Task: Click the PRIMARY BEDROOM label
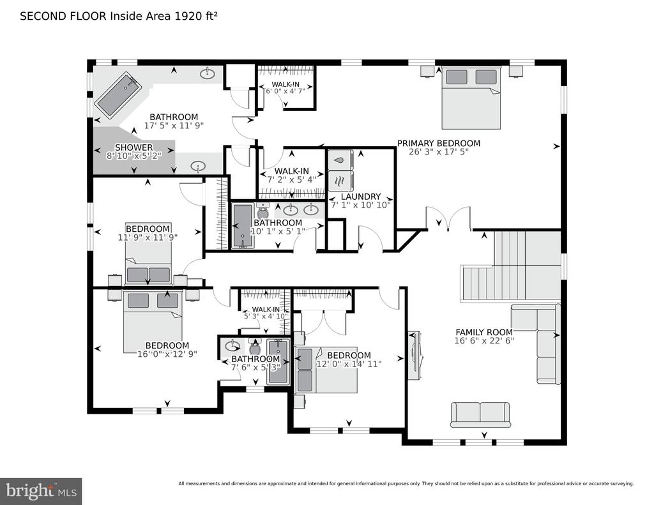tap(438, 144)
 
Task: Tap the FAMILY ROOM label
tap(484, 333)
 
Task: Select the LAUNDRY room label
tap(361, 197)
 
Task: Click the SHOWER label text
tap(134, 147)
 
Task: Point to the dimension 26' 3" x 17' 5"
tap(438, 152)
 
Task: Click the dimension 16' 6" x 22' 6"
tap(484, 341)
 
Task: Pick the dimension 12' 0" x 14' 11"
tap(349, 364)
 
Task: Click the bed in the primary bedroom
tap(471, 97)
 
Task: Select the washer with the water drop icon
tap(340, 160)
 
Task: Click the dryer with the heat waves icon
tap(340, 181)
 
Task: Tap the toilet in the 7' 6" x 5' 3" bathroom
tap(254, 347)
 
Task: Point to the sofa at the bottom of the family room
tap(480, 415)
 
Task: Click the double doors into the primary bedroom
tap(448, 218)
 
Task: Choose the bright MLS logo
tap(41, 491)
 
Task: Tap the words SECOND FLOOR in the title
tap(63, 16)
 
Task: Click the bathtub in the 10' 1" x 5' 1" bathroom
tap(242, 226)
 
